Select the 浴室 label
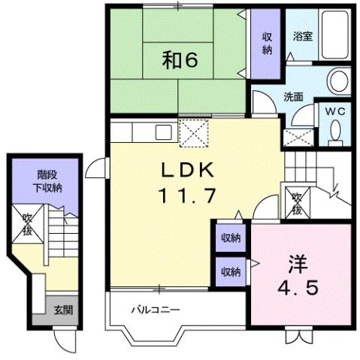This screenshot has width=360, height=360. point(302,35)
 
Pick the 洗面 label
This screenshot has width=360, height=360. point(293,96)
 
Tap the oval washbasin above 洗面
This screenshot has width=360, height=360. point(337,80)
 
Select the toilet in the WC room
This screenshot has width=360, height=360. point(335,132)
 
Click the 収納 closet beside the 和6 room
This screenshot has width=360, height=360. point(267,44)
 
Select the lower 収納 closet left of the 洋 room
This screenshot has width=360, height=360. point(230,269)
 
